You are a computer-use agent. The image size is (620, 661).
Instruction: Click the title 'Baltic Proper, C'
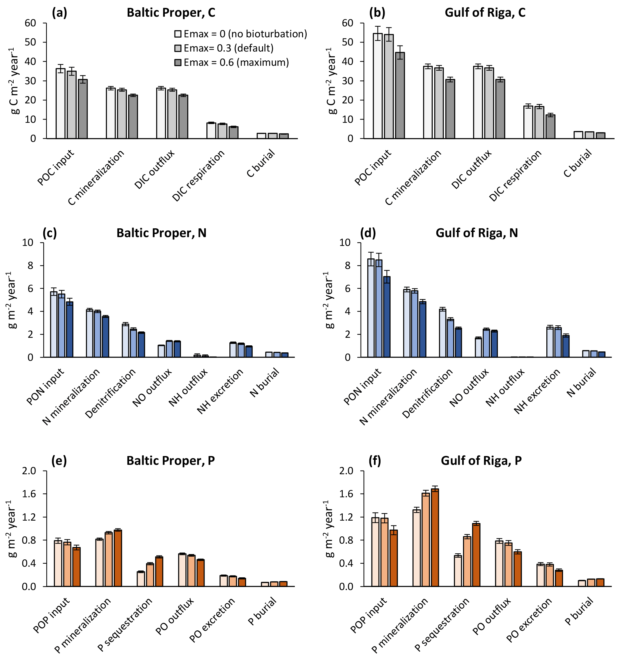[171, 13]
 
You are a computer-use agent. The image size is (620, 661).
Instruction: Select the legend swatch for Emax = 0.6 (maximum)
[178, 62]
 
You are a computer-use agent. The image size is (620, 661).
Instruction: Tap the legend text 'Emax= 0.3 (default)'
[228, 48]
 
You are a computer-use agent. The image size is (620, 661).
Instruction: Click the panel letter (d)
[368, 233]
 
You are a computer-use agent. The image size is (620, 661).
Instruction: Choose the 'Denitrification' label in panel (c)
[111, 393]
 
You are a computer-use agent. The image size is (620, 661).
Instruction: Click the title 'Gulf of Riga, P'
[481, 461]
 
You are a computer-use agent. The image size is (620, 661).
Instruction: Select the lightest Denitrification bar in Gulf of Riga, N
[442, 333]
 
